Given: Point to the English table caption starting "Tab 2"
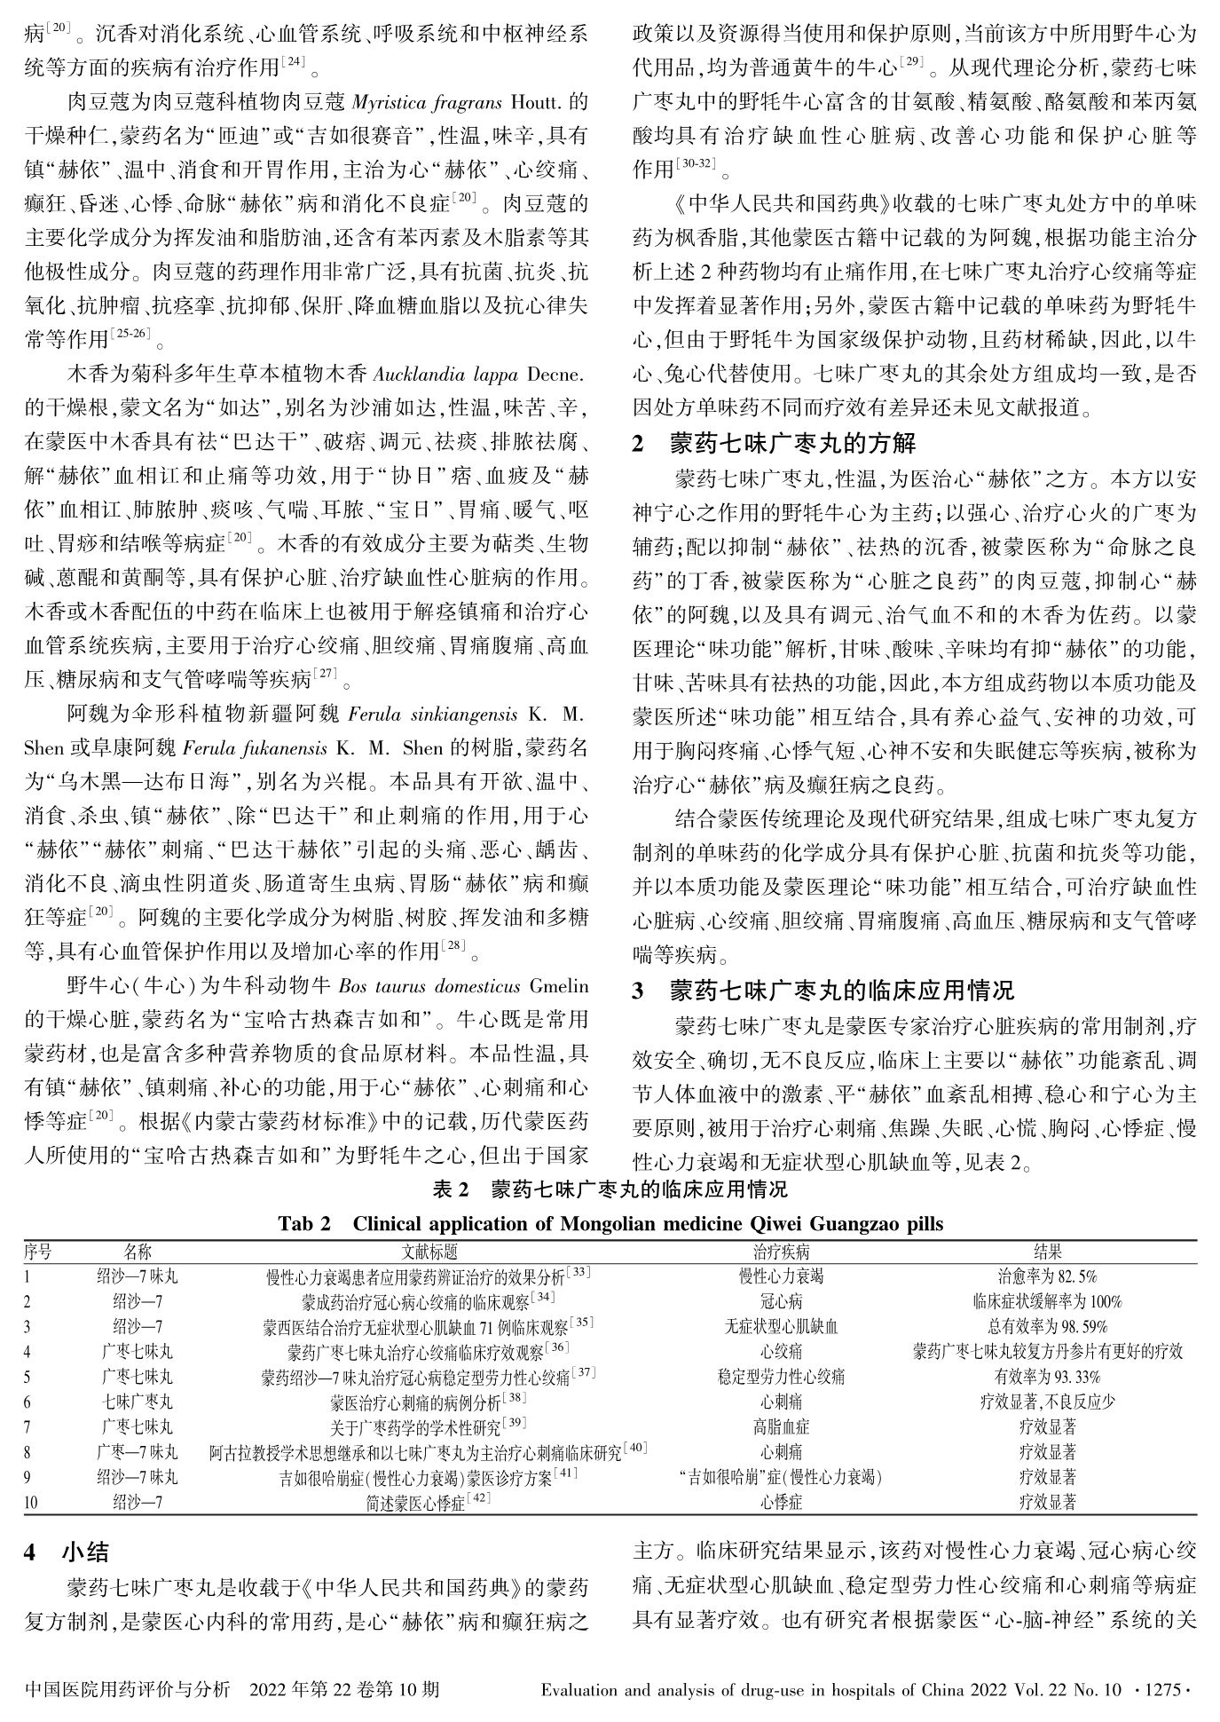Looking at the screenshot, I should pos(610,1224).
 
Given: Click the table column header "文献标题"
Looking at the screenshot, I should pos(429,1252).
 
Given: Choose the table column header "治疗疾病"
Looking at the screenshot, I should pos(781,1252).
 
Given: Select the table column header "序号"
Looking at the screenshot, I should pos(37,1252).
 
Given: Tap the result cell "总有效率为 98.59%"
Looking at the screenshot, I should pos(1047,1327).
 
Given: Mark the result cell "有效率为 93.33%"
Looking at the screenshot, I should pos(1047,1377).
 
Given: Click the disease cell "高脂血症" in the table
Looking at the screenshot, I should pos(781,1427).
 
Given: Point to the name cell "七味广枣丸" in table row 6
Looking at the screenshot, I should pos(138,1402).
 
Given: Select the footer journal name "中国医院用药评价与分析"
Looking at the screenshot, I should pos(129,1688).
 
